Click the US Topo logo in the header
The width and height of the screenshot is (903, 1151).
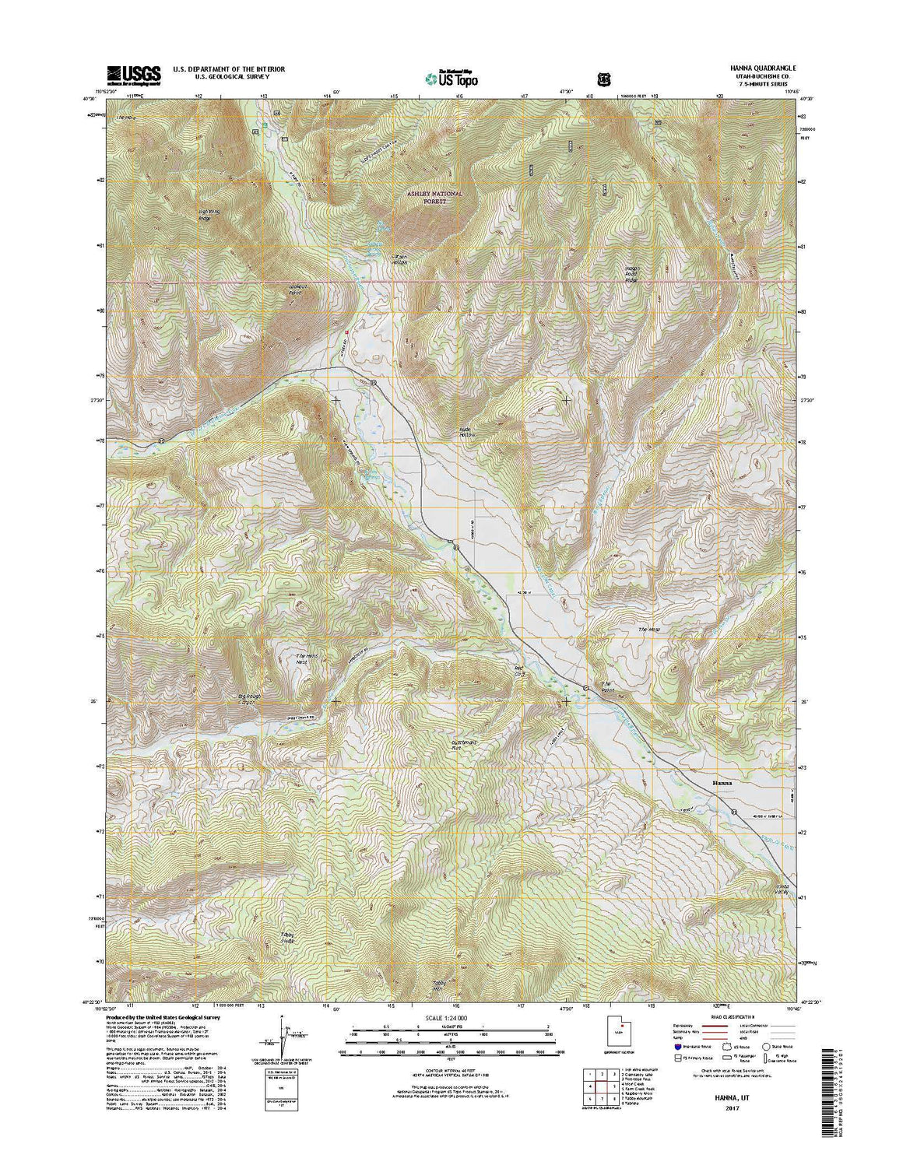coord(451,77)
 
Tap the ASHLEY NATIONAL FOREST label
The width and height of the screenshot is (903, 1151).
coord(442,197)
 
